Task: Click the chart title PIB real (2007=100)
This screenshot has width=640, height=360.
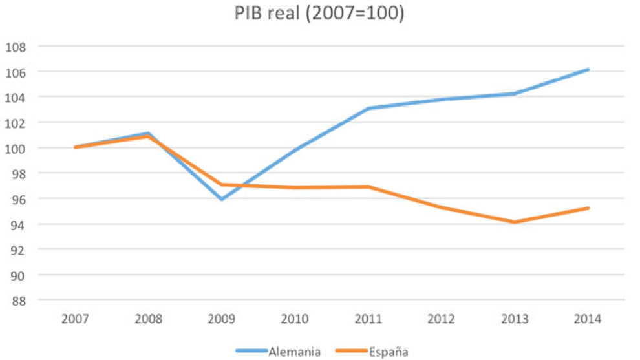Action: pyautogui.click(x=319, y=14)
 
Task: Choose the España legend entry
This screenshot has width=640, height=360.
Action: pyautogui.click(x=388, y=352)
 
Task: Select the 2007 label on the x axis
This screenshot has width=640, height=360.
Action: pyautogui.click(x=76, y=319)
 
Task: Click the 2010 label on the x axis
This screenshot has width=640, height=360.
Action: pyautogui.click(x=295, y=319)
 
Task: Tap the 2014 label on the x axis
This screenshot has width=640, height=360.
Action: pyautogui.click(x=588, y=319)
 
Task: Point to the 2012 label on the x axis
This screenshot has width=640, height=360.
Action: pyautogui.click(x=442, y=319)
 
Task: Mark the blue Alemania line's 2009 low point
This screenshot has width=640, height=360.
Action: pyautogui.click(x=222, y=199)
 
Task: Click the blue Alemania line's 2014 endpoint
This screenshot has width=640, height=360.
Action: pyautogui.click(x=588, y=69)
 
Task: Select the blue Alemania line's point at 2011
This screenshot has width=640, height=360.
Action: pyautogui.click(x=368, y=109)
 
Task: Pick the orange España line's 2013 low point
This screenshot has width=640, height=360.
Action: pyautogui.click(x=515, y=222)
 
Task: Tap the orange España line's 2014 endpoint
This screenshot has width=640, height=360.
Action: pyautogui.click(x=588, y=208)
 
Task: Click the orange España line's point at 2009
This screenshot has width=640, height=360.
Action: pyautogui.click(x=222, y=185)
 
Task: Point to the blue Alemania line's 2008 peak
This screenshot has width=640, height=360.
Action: pyautogui.click(x=149, y=133)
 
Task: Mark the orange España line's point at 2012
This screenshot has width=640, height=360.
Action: pyautogui.click(x=442, y=207)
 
